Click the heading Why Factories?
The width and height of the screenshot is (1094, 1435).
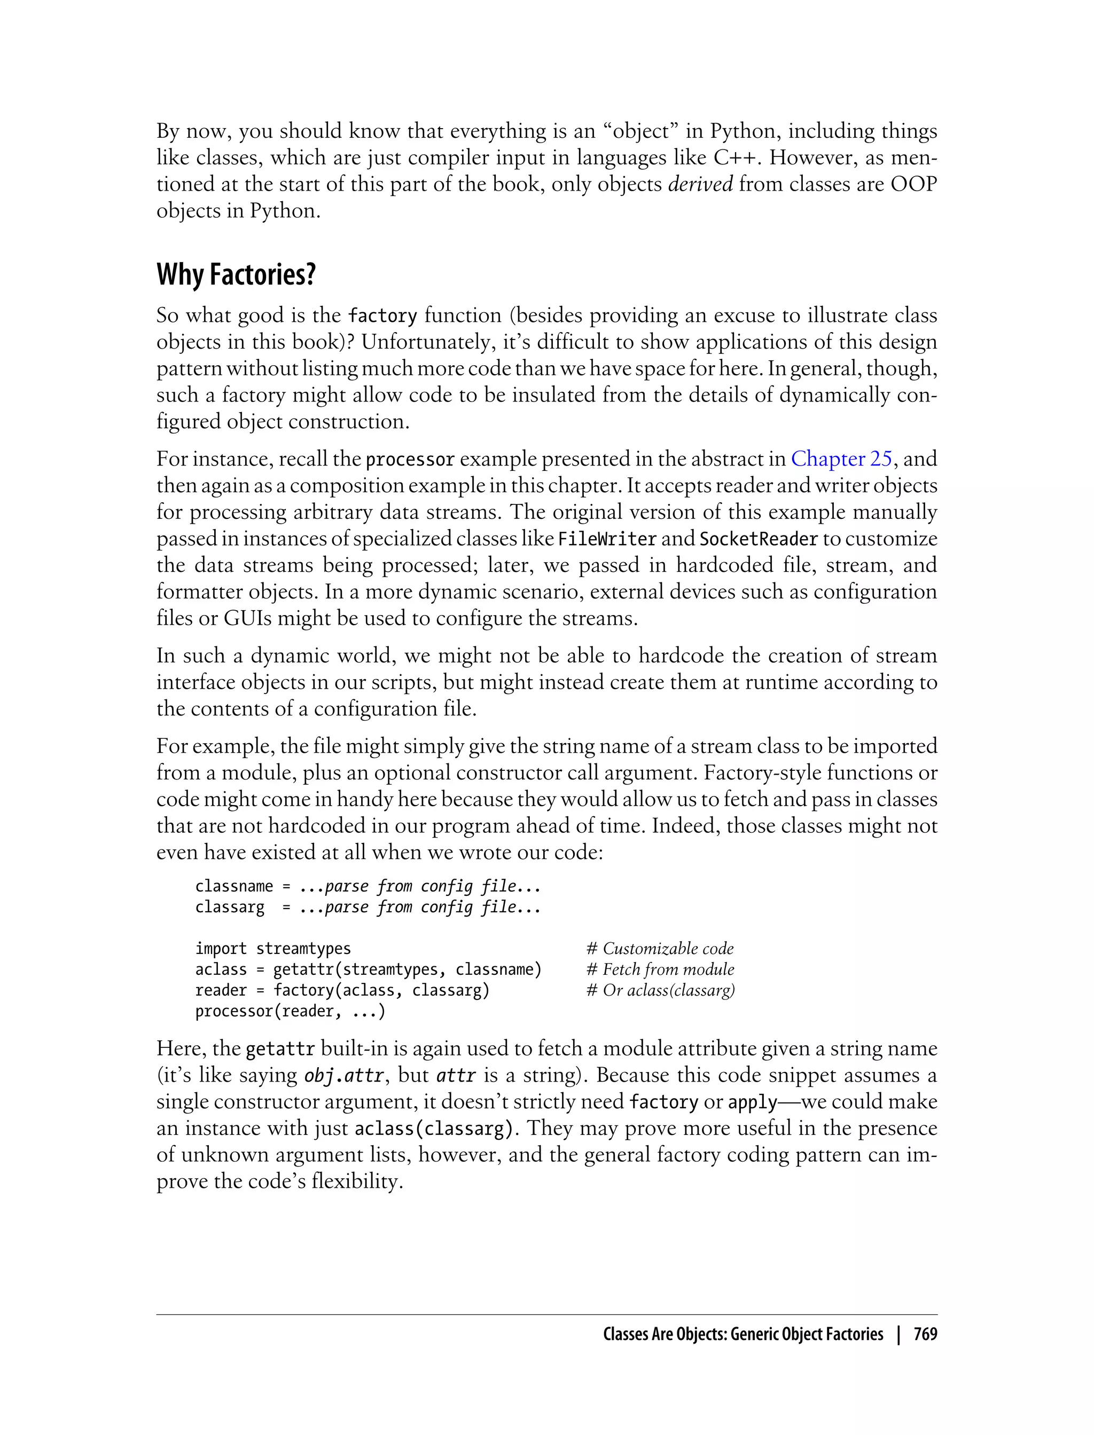pyautogui.click(x=236, y=274)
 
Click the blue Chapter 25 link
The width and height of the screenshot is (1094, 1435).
pyautogui.click(x=841, y=459)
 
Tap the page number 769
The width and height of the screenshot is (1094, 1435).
pyautogui.click(x=925, y=1334)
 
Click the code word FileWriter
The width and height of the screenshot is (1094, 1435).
pyautogui.click(x=607, y=539)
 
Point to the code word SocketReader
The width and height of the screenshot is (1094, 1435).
pyautogui.click(x=758, y=539)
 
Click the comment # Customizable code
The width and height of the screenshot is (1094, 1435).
pyautogui.click(x=660, y=949)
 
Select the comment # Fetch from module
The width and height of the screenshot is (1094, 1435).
pyautogui.click(x=660, y=969)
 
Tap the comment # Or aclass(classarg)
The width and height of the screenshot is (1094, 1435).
pyautogui.click(x=660, y=990)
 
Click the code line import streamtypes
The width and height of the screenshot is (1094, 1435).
pyautogui.click(x=273, y=949)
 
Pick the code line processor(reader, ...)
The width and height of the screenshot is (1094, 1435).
pyautogui.click(x=290, y=1011)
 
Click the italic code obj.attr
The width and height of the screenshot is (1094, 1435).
pyautogui.click(x=344, y=1075)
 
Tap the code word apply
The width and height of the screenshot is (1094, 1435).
pyautogui.click(x=752, y=1102)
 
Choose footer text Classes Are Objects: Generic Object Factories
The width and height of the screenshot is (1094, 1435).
pyautogui.click(x=743, y=1334)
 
